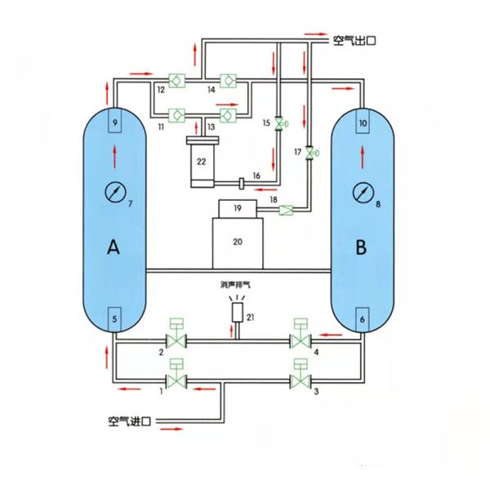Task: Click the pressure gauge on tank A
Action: [115, 192]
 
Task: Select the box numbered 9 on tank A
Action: [115, 123]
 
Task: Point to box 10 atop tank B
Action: [363, 123]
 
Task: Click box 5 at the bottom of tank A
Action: [115, 318]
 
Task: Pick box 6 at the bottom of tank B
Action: [362, 318]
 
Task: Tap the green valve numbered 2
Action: [176, 339]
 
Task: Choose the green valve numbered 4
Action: [301, 339]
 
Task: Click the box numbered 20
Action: [237, 243]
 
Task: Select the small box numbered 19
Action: [237, 209]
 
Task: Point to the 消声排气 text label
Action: [238, 286]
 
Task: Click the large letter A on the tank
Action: [114, 249]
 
